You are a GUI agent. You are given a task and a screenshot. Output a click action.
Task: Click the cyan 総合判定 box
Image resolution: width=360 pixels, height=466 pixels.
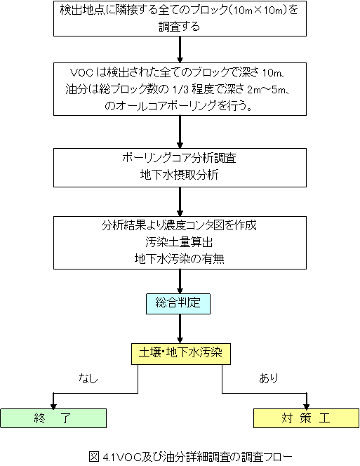point(178,304)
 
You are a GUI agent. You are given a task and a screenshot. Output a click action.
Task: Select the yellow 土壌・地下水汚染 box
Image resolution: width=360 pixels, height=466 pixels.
point(181,354)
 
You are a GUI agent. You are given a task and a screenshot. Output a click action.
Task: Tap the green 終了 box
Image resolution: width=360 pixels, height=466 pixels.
point(53,418)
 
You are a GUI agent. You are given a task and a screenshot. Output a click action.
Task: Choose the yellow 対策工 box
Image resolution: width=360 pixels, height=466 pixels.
point(306,418)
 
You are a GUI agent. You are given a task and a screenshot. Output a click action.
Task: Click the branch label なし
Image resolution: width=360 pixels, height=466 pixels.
point(88,378)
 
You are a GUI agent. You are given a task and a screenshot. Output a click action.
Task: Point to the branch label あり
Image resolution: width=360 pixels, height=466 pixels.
point(269,378)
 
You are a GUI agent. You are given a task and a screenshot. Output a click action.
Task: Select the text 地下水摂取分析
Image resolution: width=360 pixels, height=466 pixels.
point(179,175)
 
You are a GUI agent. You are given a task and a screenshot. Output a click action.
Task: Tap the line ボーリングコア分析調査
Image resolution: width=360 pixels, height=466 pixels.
point(179,158)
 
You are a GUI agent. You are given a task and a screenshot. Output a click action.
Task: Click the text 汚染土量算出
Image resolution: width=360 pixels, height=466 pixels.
point(179,242)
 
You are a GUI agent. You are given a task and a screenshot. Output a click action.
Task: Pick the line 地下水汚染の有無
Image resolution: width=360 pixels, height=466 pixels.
point(179,259)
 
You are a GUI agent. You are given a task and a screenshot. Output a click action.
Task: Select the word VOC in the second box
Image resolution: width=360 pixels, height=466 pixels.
point(79,72)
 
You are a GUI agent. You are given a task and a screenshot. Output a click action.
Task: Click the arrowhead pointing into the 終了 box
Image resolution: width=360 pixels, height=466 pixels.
point(53,406)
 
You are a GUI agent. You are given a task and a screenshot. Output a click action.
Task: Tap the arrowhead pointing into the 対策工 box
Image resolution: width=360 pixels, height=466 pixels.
point(307,406)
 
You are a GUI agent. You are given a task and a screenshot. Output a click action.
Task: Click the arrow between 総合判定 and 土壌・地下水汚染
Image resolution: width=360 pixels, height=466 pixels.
point(180,329)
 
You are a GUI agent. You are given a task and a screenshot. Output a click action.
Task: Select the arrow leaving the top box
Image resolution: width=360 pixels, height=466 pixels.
point(180,50)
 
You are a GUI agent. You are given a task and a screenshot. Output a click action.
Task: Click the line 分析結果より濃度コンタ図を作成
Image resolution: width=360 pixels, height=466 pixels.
point(179,225)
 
